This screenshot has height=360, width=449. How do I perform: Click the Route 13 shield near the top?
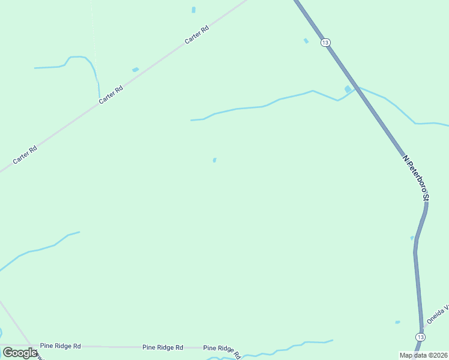pyautogui.click(x=325, y=42)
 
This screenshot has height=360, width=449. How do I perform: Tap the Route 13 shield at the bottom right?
pyautogui.click(x=421, y=338)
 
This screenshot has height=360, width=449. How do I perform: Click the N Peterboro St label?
pyautogui.click(x=417, y=178)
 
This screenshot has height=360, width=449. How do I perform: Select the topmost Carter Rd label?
pyautogui.click(x=196, y=34)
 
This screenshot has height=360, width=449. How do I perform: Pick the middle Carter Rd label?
pyautogui.click(x=111, y=94)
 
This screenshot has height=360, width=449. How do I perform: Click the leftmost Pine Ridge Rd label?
pyautogui.click(x=61, y=346)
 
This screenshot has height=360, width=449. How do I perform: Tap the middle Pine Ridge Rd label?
pyautogui.click(x=162, y=347)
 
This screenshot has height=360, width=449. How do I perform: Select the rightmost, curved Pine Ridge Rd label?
pyautogui.click(x=222, y=350)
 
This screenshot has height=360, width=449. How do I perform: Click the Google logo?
pyautogui.click(x=19, y=353)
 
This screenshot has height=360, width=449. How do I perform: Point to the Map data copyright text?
pyautogui.click(x=424, y=355)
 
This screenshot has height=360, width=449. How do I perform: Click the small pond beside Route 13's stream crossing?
pyautogui.click(x=348, y=89)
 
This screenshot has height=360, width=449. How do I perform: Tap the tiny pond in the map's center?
pyautogui.click(x=215, y=160)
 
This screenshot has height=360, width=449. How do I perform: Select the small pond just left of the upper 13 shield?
pyautogui.click(x=306, y=41)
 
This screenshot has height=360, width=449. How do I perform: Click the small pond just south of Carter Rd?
pyautogui.click(x=135, y=70)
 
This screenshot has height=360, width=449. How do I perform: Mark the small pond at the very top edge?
pyautogui.click(x=193, y=10)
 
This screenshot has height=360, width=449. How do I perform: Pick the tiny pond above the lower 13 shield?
pyautogui.click(x=397, y=322)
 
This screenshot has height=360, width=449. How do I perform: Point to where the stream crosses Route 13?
pyautogui.click(x=357, y=89)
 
